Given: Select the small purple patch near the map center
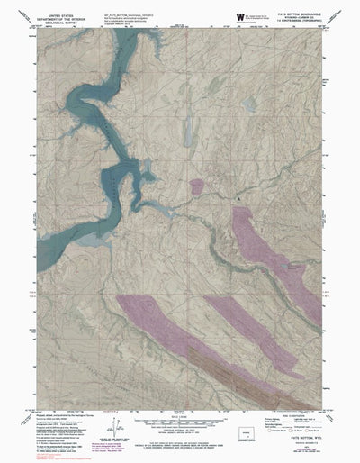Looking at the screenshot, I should pos(196,186).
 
